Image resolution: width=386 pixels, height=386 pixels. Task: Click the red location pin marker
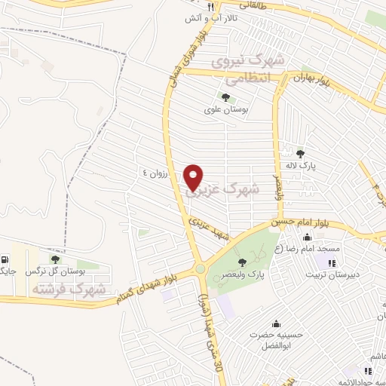[x=195, y=177]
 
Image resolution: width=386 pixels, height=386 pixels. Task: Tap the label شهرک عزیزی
[x=222, y=189]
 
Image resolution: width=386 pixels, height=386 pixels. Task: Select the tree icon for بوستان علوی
[x=225, y=96]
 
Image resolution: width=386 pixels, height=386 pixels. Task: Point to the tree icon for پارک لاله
[x=300, y=154]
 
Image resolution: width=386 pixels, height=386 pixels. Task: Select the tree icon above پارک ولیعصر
[x=241, y=262]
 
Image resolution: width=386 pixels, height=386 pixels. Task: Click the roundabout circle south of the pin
[x=200, y=268]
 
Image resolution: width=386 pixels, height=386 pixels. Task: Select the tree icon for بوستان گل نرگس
[x=54, y=259]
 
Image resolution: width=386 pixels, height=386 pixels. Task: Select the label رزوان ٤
[x=156, y=173]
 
